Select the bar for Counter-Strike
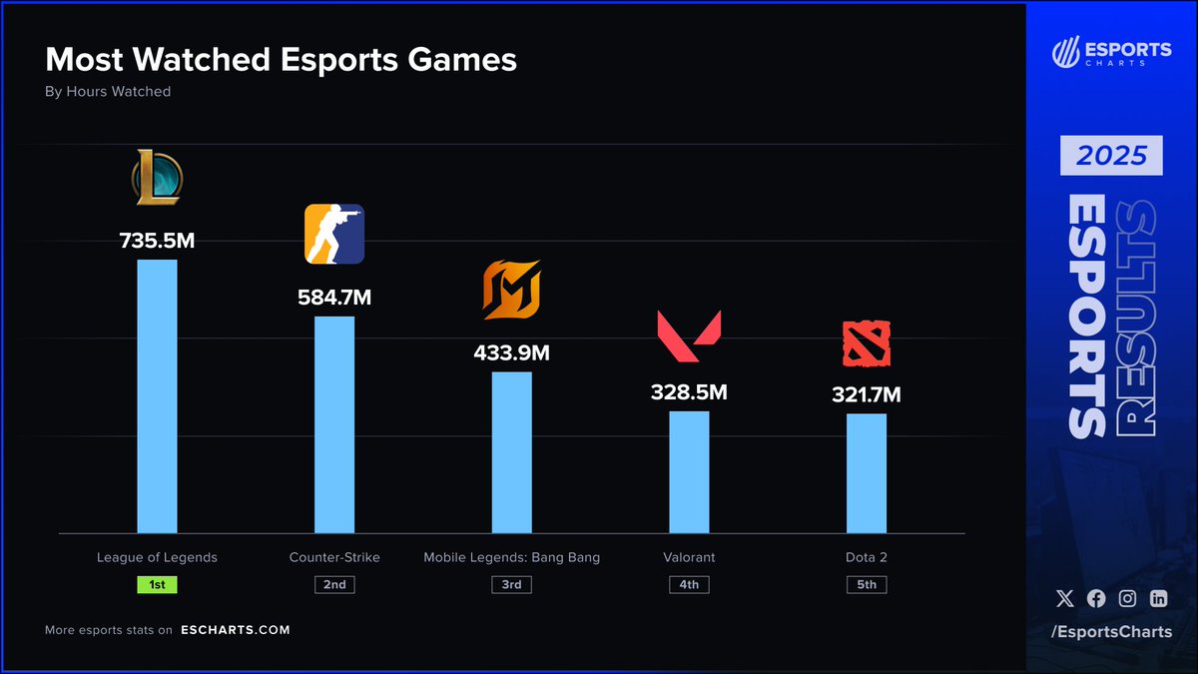(334, 424)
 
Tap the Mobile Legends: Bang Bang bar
(511, 452)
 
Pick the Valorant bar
(689, 471)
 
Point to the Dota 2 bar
(867, 473)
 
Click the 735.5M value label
(157, 241)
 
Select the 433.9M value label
(511, 352)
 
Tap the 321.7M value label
(867, 394)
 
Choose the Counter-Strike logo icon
(334, 235)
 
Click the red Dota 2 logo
(867, 343)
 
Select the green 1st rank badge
(157, 584)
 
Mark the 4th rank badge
(689, 584)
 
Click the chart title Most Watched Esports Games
(282, 60)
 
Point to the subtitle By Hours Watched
(108, 92)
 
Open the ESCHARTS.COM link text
(236, 630)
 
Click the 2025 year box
(1111, 156)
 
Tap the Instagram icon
(1127, 599)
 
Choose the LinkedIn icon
(1158, 599)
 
